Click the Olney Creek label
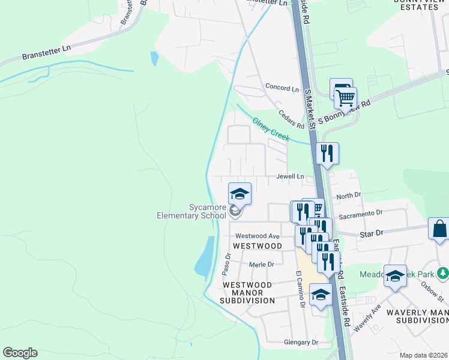pos(271,129)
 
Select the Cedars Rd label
pos(292,119)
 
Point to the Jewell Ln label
pos(290,177)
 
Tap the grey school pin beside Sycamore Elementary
pos(235,211)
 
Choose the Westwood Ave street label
pos(258,236)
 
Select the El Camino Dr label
pos(301,289)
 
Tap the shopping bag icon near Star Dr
pos(439,229)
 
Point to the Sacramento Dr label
pos(360,214)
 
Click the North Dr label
pos(348,196)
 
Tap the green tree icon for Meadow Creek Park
pos(443,274)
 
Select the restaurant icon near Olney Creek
pos(327,153)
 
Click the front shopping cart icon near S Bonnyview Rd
pos(345,97)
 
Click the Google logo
pos(20,353)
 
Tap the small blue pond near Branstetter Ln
pos(154,58)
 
